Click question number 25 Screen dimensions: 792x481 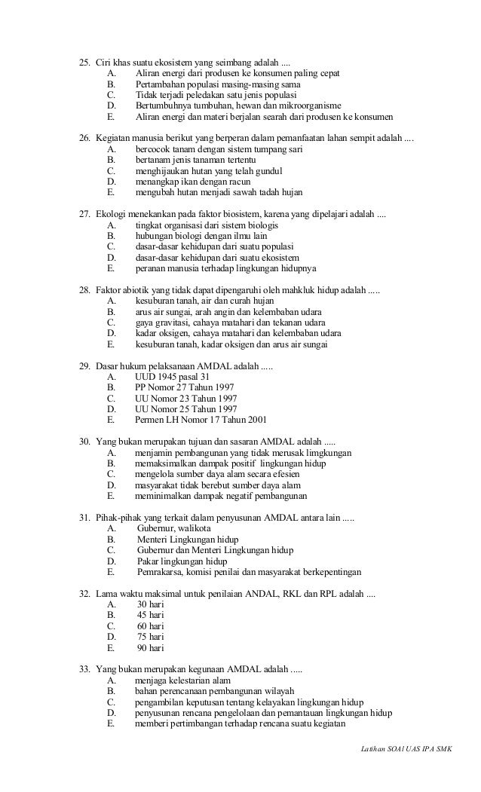click(84, 61)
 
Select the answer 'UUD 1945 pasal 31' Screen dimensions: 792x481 click(172, 377)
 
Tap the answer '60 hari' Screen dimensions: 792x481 click(151, 625)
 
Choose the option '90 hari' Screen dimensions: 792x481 click(151, 647)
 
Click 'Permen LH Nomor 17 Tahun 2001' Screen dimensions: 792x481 click(200, 420)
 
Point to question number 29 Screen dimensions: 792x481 click(84, 365)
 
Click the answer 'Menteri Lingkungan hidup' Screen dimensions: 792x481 click(188, 540)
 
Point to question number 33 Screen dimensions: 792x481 click(84, 669)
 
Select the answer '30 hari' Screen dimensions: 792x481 click(151, 604)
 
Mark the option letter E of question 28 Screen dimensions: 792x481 click(111, 344)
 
